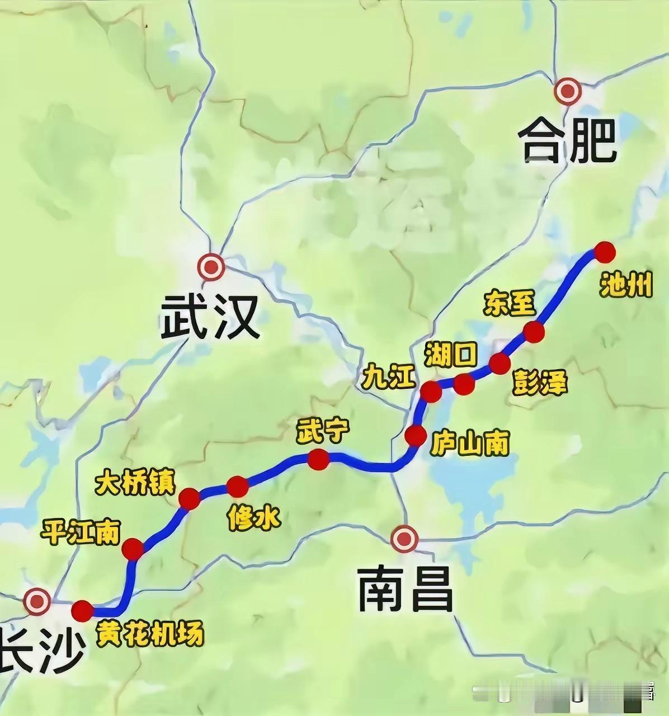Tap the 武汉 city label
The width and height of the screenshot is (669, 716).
(x=210, y=317)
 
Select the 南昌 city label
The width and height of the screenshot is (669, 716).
(x=405, y=588)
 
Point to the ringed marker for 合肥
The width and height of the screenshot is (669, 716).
(x=568, y=91)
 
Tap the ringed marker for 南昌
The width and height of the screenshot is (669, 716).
(x=404, y=539)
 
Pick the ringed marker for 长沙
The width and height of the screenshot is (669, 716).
(x=37, y=601)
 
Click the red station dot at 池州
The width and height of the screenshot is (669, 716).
(x=604, y=252)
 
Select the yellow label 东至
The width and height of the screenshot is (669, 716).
(x=510, y=303)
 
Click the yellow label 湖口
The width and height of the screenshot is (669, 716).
(x=450, y=355)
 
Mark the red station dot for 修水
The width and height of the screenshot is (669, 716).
(x=237, y=487)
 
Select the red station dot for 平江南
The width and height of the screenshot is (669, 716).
(x=134, y=549)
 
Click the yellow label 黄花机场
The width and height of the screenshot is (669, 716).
(x=149, y=634)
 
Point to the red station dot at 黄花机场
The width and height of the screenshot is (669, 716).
(x=83, y=611)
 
